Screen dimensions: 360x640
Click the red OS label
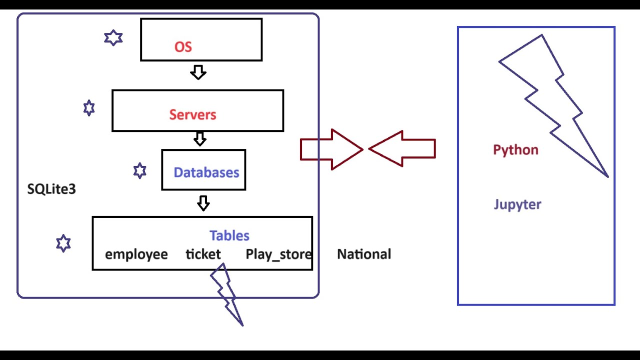183,47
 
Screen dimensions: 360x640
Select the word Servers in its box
192,114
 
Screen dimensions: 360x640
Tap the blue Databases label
206,172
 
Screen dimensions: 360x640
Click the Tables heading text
229,235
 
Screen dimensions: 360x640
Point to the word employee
136,254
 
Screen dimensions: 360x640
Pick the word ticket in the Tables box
203,254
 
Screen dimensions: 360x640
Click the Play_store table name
278,254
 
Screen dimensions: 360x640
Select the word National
364,254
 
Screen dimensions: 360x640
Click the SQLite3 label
51,189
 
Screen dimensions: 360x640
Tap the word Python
515,150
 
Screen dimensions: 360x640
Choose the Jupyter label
517,204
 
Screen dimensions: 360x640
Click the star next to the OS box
113,38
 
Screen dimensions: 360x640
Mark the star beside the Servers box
89,108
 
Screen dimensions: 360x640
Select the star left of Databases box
140,171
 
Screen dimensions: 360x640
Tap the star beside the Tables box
63,243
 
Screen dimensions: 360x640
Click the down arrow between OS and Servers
198,72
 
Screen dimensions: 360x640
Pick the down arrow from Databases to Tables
203,203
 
